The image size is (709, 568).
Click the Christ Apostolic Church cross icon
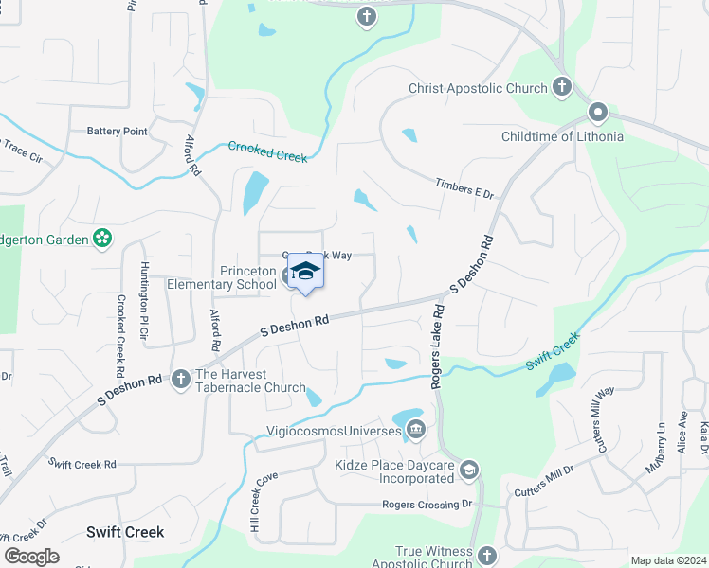coord(561,88)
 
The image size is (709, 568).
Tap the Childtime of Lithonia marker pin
coord(597,114)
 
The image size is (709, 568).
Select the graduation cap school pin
coord(305,274)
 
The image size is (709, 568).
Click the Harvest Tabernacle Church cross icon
coord(180,380)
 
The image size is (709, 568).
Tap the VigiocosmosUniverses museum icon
coord(416,433)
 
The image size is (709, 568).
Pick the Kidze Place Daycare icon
coord(468,470)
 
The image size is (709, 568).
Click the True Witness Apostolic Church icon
coord(486,556)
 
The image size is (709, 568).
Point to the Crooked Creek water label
coord(267,151)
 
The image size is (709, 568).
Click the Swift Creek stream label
coord(554,349)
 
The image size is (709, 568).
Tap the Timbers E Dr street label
coord(465,188)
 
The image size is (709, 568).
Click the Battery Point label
coord(117,132)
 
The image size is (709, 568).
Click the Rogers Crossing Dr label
coord(427,505)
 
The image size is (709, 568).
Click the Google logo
coord(31,557)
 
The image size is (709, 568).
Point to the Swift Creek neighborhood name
coord(125,532)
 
